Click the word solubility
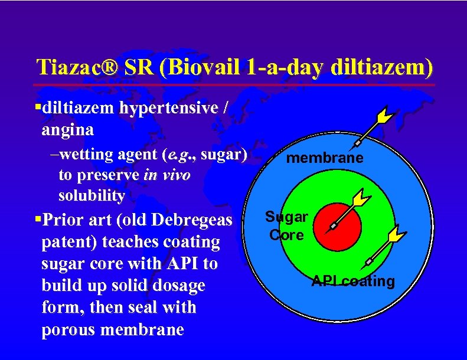click(92, 195)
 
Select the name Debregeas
click(194, 220)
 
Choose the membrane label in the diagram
click(325, 158)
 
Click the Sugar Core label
click(286, 226)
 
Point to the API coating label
click(354, 281)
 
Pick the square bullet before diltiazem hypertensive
click(37, 107)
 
